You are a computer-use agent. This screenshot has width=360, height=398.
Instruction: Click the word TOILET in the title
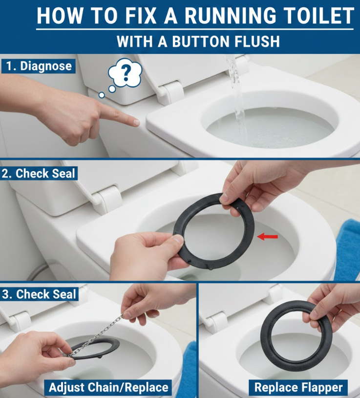click(318, 16)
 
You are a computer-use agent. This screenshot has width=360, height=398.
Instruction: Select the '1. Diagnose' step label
click(39, 66)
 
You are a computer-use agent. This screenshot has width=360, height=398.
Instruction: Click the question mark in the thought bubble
click(125, 72)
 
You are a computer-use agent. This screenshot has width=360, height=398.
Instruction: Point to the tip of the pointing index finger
click(137, 123)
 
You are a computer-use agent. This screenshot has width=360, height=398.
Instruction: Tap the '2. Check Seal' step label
click(39, 174)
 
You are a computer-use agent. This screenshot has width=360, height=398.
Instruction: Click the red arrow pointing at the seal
click(268, 237)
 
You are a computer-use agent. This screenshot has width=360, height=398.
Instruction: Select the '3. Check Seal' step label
click(39, 294)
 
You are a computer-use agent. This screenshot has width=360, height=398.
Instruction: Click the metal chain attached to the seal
click(96, 335)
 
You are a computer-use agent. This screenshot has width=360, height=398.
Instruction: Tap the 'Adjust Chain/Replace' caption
click(108, 388)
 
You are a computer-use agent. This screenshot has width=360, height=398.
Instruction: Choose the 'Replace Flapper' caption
click(298, 388)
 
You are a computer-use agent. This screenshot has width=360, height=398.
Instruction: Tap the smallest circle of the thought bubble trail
click(102, 95)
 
